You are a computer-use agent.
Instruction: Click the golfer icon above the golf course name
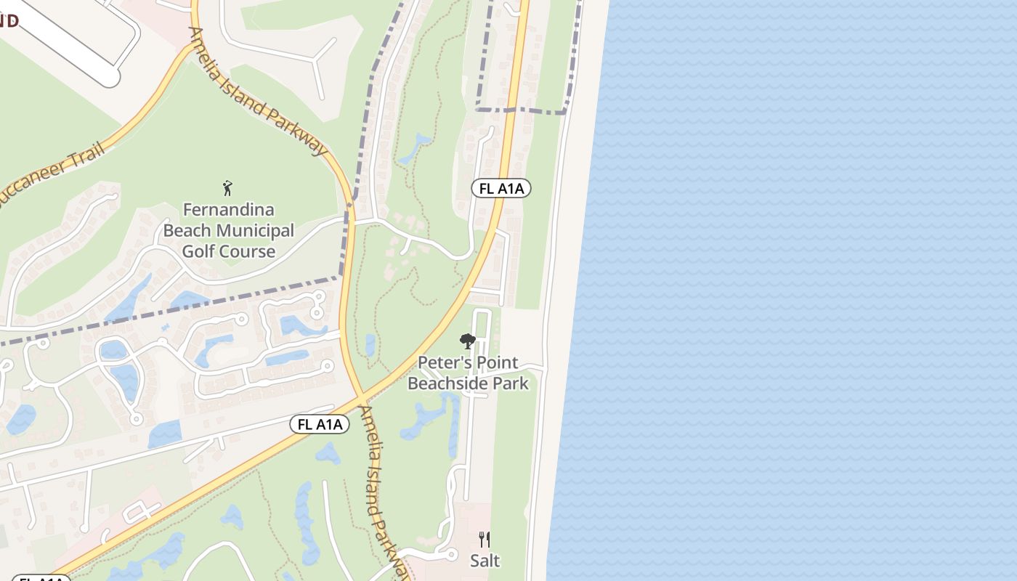(228, 188)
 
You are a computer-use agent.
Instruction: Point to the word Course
(249, 252)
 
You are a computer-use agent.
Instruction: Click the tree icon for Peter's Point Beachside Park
(468, 341)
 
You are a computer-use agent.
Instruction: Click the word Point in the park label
(495, 362)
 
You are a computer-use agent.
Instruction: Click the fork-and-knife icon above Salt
(485, 540)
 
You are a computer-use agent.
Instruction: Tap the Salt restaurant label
(485, 561)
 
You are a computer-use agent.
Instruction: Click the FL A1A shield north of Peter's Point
(501, 189)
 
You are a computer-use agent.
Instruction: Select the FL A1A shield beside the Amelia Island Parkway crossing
(320, 424)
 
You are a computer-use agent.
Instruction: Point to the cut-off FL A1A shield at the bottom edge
(41, 578)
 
